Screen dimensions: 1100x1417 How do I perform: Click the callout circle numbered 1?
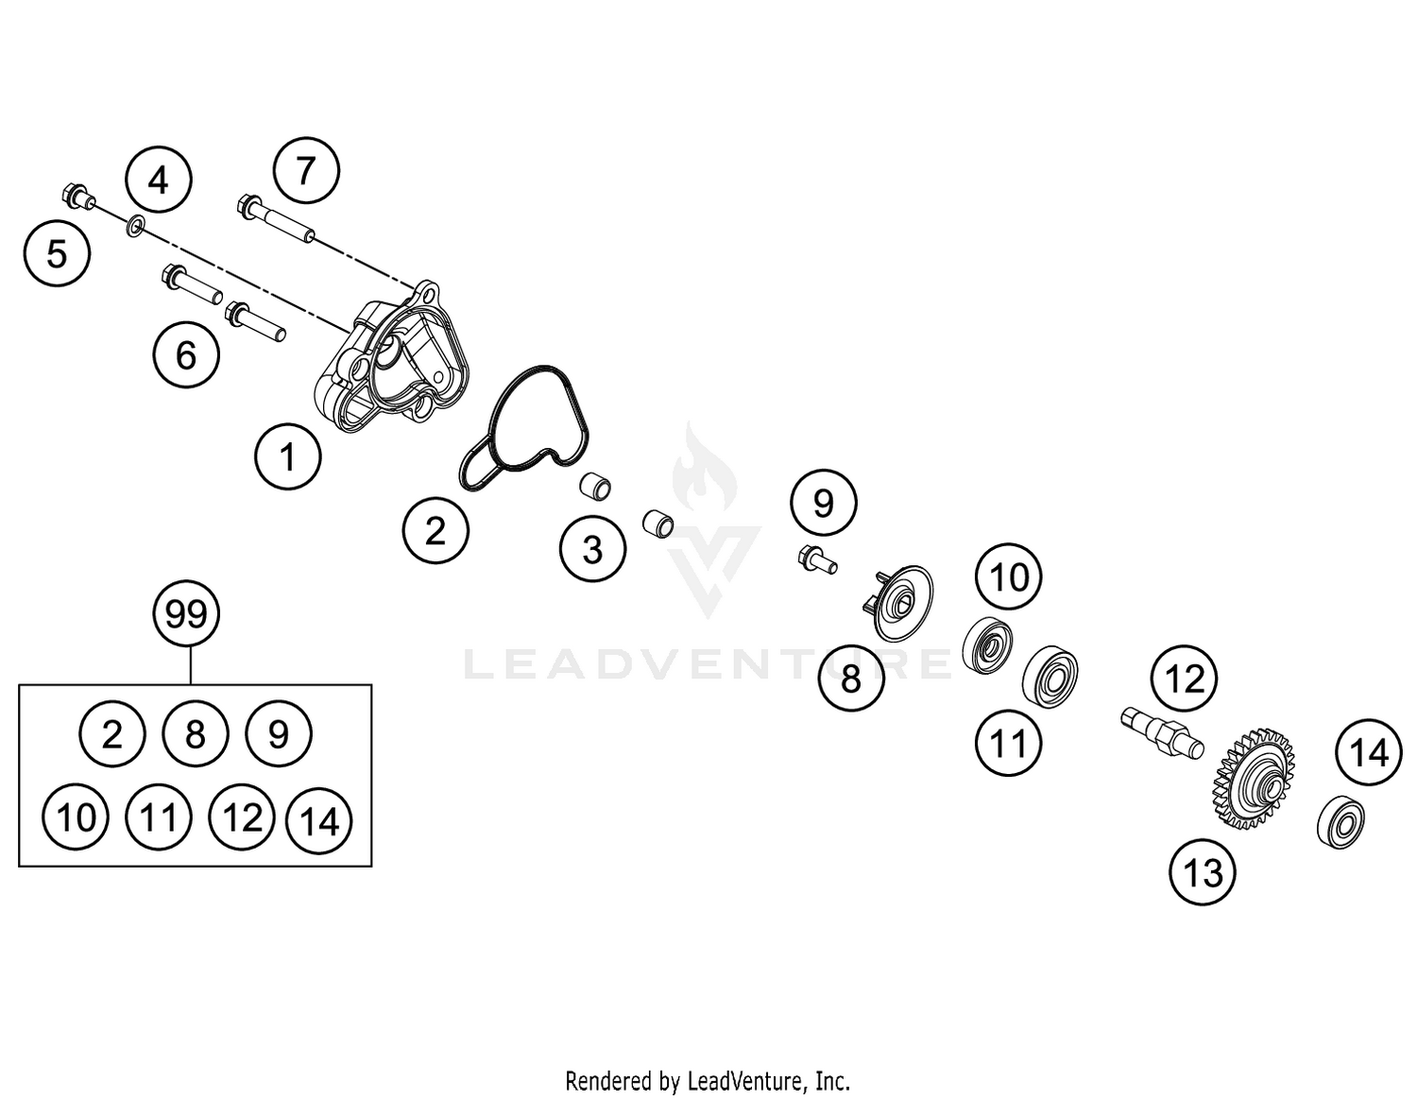coord(288,457)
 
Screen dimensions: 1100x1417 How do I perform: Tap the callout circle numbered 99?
coord(186,615)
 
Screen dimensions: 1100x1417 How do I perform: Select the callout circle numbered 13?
coord(1203,872)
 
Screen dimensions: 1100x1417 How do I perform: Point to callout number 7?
coord(305,171)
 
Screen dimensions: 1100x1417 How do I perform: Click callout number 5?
coord(58,253)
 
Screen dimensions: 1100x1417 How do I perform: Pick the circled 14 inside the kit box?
coord(319,821)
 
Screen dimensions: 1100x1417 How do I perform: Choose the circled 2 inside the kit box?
coord(112,734)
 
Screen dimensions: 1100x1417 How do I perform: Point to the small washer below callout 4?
coord(135,225)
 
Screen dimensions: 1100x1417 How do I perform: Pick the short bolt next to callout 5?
coord(77,196)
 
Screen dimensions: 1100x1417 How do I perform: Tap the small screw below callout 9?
coord(817,559)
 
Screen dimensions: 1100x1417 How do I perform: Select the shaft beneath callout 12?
coord(1161,730)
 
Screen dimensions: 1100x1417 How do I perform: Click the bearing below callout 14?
coord(1340,820)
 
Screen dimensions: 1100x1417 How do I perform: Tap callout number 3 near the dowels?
coord(592,549)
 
